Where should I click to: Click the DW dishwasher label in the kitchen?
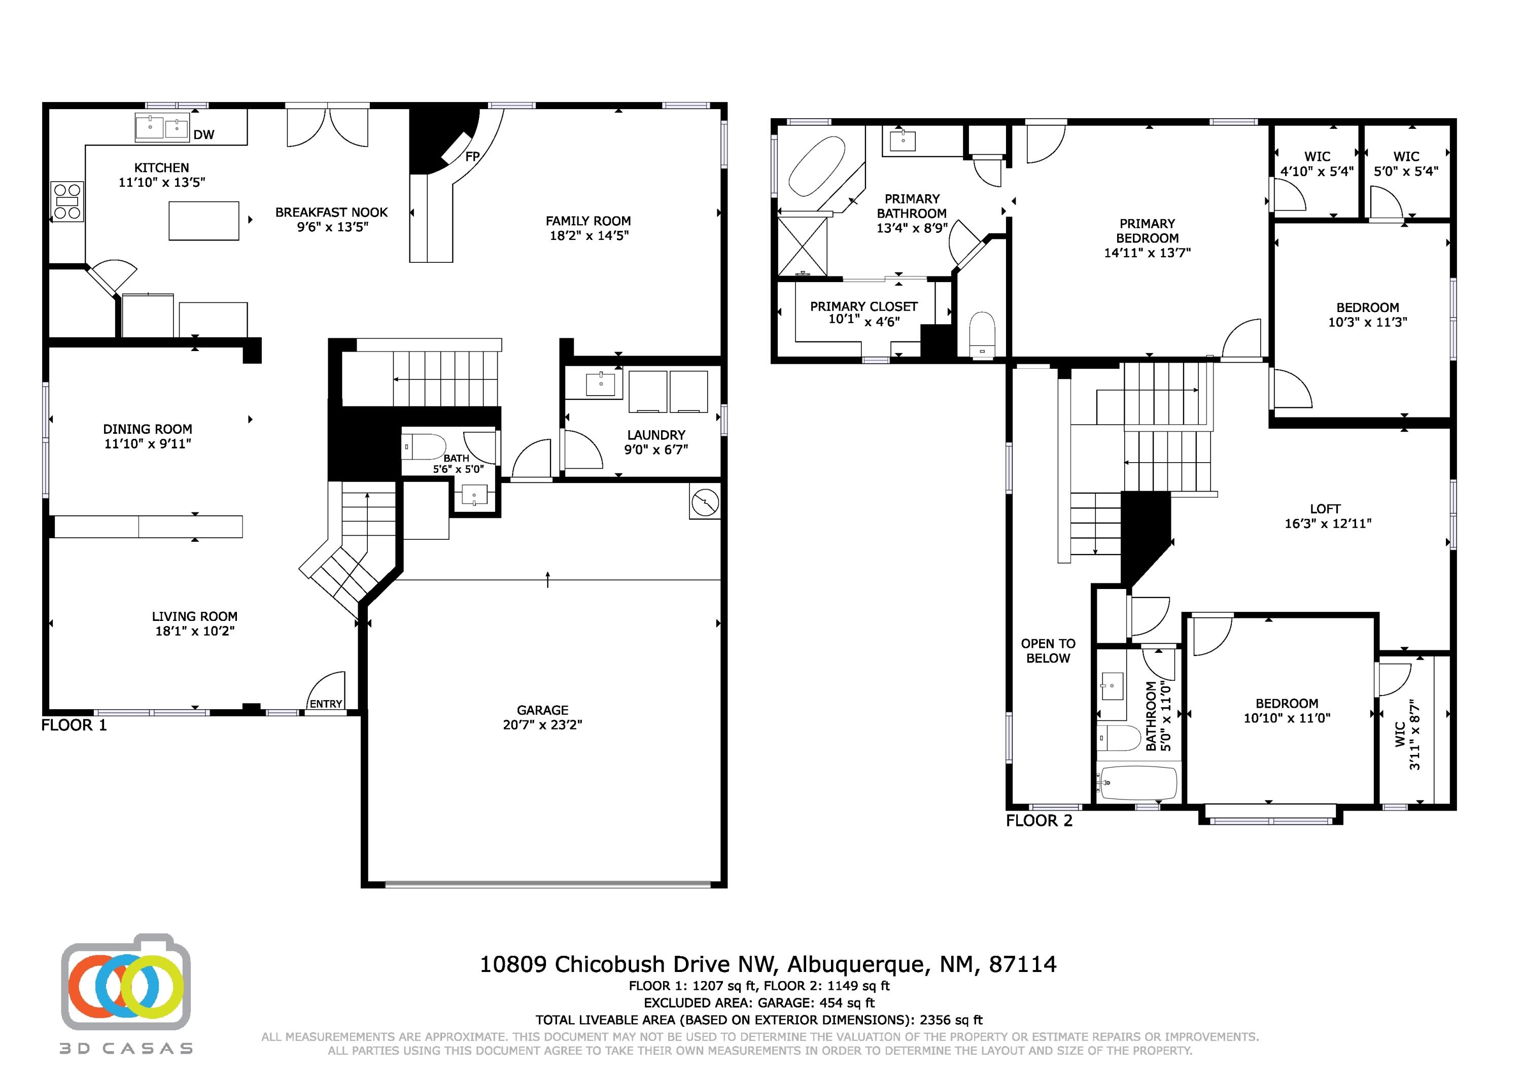point(203,134)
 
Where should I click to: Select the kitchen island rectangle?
point(203,221)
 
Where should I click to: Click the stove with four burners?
point(67,201)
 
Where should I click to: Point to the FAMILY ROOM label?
point(588,221)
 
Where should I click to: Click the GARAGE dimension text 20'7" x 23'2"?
point(542,724)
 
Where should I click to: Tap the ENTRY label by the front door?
point(326,704)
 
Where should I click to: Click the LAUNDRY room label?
point(656,435)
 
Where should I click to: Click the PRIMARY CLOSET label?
point(864,306)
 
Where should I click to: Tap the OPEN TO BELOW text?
point(1048,650)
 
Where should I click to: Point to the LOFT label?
point(1325,509)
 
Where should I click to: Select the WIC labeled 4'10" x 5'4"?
point(1317,164)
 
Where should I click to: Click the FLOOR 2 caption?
point(1039,821)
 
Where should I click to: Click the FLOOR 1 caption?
point(74,725)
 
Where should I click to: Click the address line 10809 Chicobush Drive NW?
point(627,964)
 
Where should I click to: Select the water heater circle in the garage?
point(704,504)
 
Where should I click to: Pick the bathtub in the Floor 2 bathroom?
point(1137,784)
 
